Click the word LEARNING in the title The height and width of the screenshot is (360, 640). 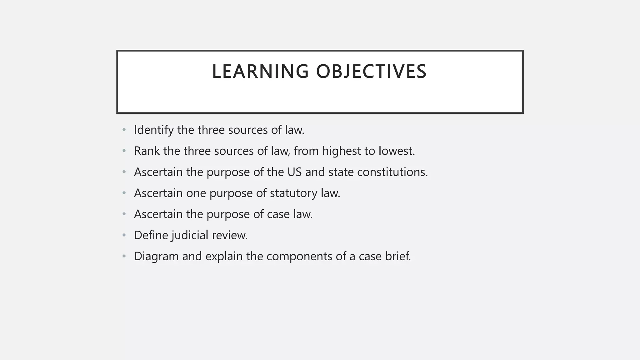click(x=260, y=72)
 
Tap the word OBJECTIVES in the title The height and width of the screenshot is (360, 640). click(x=371, y=72)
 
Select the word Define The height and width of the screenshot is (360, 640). click(x=151, y=235)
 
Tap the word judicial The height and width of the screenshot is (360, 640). click(x=190, y=235)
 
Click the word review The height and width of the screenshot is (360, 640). click(x=230, y=235)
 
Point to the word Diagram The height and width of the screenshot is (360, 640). click(x=156, y=257)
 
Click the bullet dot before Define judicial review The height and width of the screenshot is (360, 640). click(x=124, y=235)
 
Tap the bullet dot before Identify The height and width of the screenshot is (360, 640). click(x=124, y=130)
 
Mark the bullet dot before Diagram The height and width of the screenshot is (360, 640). click(x=124, y=257)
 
